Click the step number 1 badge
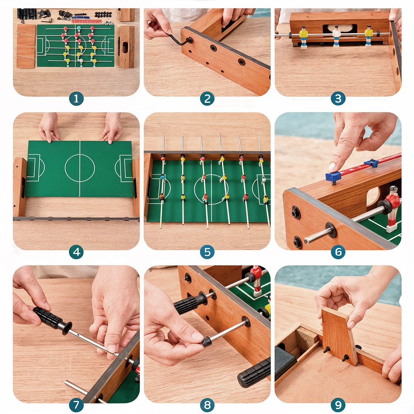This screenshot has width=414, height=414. (76, 99)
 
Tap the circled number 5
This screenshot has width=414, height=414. (207, 252)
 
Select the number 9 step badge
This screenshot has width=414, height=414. (338, 404)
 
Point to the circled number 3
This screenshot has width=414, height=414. (338, 99)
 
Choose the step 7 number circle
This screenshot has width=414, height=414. (76, 404)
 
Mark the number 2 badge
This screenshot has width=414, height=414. (207, 99)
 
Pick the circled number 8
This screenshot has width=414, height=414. (207, 404)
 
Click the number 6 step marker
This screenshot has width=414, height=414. (338, 252)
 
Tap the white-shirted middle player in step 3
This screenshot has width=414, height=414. (337, 36)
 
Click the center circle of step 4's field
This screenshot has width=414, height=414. (79, 168)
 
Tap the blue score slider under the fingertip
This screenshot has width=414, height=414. (333, 177)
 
